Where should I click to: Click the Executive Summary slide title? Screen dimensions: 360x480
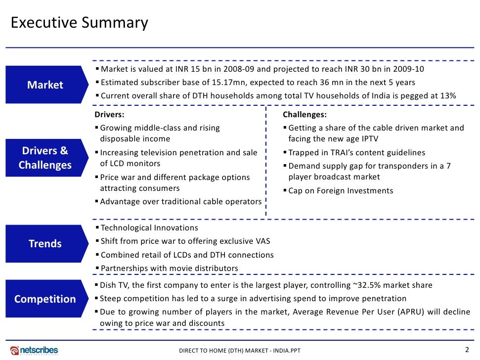pyautogui.click(x=79, y=23)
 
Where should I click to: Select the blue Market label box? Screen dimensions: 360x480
pyautogui.click(x=44, y=85)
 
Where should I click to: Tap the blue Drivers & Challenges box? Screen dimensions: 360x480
pyautogui.click(x=44, y=158)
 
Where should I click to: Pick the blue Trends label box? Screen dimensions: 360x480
pyautogui.click(x=44, y=244)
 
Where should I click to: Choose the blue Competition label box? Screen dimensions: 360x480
pyautogui.click(x=44, y=299)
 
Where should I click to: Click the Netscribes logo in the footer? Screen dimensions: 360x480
pyautogui.click(x=34, y=350)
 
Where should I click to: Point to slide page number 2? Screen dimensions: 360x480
pyautogui.click(x=467, y=349)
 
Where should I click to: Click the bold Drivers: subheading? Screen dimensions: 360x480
pyautogui.click(x=106, y=115)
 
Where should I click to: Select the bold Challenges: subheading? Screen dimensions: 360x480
pyautogui.click(x=305, y=115)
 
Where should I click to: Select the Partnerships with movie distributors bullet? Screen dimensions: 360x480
pyautogui.click(x=169, y=269)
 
